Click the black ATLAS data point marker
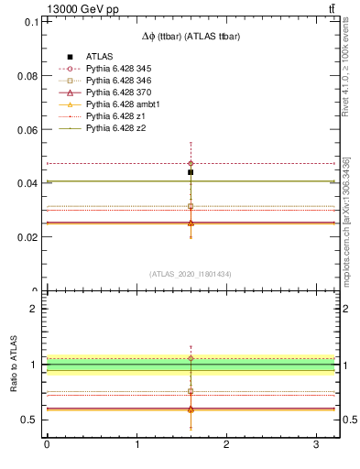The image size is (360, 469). point(191,172)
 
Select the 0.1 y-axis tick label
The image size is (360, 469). point(31,22)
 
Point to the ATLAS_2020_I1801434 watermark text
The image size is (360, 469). point(191,274)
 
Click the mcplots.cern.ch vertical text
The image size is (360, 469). point(345,220)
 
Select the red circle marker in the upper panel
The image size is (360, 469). point(191,163)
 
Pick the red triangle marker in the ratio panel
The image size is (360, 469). point(191,409)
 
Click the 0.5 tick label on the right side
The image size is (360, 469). point(349,420)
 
